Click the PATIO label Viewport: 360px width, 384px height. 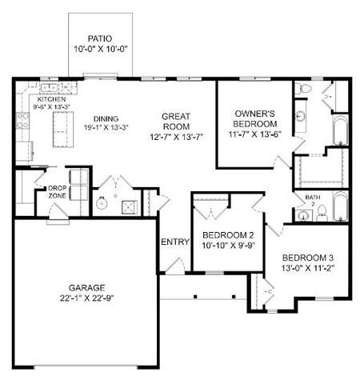(100, 38)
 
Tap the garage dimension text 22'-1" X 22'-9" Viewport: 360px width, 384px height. (87, 298)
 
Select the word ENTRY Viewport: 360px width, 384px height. (175, 242)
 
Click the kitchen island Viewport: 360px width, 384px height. (63, 130)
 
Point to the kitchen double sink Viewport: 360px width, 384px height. (49, 87)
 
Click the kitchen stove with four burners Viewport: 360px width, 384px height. (22, 121)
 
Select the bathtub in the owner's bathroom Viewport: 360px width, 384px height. (341, 130)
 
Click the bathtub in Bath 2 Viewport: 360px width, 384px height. (341, 206)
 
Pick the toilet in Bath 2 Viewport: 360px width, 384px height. (322, 214)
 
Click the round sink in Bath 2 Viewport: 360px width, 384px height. (302, 216)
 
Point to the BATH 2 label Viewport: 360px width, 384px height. (313, 200)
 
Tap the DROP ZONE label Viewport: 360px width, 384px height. (57, 192)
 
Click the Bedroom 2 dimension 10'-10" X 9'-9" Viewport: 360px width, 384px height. (229, 246)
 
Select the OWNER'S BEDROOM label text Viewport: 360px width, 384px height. (255, 118)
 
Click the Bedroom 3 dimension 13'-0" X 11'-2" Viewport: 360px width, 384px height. (308, 268)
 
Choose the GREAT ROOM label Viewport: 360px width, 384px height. (176, 122)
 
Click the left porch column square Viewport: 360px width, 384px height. (195, 297)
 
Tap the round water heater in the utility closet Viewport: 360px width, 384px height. (102, 204)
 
